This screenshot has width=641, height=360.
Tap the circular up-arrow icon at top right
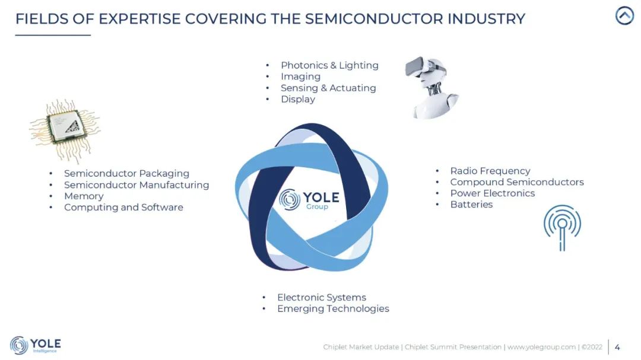624,16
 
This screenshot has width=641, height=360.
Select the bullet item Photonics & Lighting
329,65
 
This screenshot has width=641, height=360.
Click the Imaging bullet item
300,77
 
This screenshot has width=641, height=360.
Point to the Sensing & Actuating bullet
328,88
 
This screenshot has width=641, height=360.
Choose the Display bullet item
297,99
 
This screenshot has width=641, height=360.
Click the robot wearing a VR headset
431,87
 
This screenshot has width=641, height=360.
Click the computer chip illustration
65,130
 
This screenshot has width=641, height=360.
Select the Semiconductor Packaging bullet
126,174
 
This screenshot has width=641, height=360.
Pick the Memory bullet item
84,196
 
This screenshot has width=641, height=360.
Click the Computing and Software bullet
123,208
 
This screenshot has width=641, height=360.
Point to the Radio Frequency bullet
490,171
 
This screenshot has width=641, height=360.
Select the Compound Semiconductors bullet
517,182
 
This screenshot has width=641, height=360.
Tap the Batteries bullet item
471,205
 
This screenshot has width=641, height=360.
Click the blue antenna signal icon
562,227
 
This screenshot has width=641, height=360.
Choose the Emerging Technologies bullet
333,309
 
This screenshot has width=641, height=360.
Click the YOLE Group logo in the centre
309,199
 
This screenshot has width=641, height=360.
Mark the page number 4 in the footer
617,348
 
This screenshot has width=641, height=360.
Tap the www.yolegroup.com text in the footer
541,348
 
